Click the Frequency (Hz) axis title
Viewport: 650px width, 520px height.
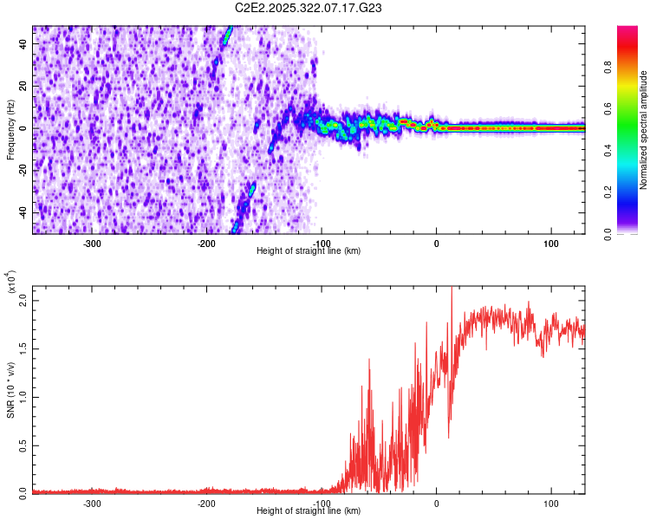10,130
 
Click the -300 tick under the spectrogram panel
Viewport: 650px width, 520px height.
92,243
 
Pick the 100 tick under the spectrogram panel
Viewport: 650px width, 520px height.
550,243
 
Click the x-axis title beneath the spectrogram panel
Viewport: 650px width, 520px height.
309,250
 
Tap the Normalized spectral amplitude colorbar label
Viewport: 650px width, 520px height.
644,130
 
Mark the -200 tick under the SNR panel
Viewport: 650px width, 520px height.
206,503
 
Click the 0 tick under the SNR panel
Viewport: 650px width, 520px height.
436,503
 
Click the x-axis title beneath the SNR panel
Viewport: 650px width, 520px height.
309,510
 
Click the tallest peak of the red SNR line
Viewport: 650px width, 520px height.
452,289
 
